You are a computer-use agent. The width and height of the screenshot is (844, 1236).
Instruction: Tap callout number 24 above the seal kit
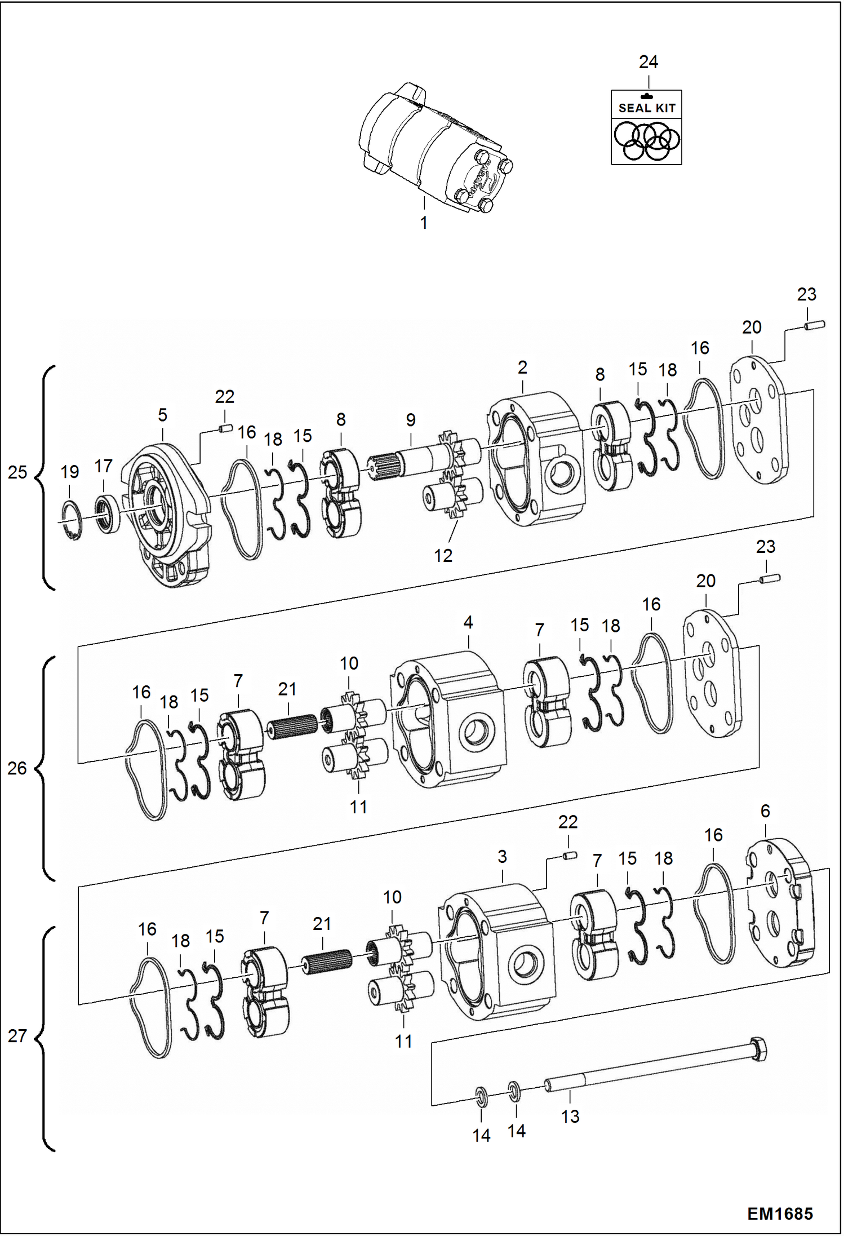click(648, 62)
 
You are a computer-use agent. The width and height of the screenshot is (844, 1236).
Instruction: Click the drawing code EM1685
click(780, 1213)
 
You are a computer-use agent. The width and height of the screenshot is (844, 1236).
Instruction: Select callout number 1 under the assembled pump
click(424, 223)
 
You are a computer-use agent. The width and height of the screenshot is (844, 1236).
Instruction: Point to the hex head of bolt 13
click(758, 1050)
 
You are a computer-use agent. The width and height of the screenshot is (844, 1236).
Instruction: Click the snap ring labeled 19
click(72, 520)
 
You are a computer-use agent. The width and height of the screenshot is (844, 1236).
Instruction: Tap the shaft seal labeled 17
click(106, 513)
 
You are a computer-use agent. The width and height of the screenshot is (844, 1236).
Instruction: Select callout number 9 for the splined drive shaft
click(411, 420)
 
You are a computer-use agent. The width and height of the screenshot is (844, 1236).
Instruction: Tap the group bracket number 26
click(17, 768)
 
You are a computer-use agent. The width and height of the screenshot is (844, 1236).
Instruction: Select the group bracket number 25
click(17, 472)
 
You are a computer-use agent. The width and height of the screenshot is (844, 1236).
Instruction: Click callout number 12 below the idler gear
click(443, 556)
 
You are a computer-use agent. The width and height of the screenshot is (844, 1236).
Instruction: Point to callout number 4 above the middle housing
click(468, 622)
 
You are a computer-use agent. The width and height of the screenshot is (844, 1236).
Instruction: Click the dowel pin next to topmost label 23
click(814, 325)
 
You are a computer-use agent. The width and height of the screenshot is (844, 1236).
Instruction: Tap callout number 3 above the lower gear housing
click(502, 857)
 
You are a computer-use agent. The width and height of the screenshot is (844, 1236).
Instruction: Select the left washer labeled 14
click(481, 1096)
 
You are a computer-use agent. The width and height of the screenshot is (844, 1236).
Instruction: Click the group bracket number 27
click(17, 1035)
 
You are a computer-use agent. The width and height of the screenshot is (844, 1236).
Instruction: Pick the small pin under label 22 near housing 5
click(225, 429)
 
